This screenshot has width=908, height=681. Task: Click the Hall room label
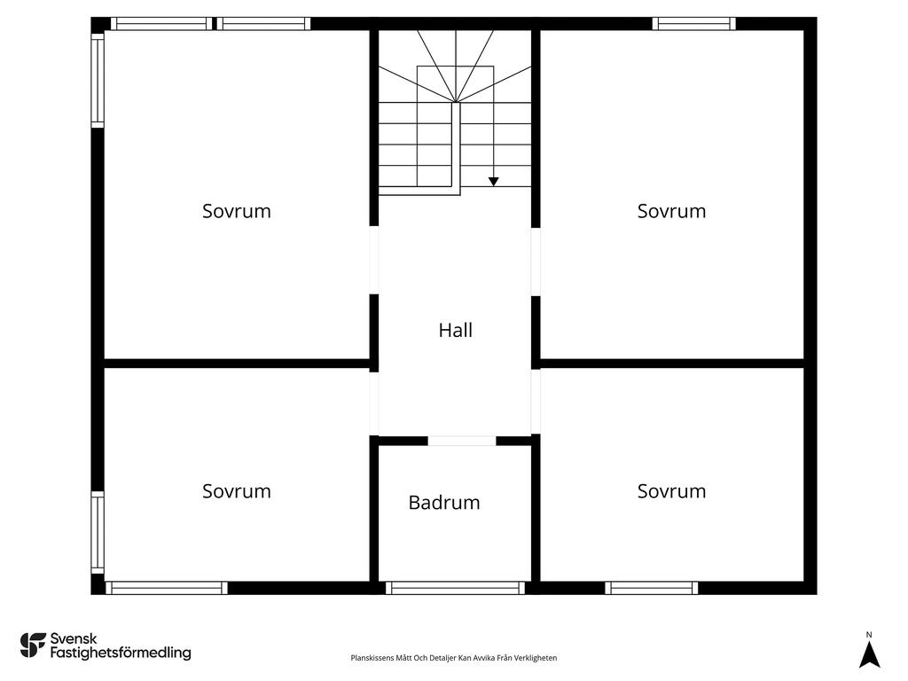click(455, 330)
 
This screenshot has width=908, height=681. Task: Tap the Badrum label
click(444, 502)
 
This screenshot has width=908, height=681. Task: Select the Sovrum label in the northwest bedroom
click(236, 211)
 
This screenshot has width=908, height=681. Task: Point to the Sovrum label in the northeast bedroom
click(672, 211)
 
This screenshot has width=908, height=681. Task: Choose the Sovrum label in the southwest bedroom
click(236, 491)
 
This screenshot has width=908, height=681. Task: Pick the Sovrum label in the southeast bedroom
click(672, 491)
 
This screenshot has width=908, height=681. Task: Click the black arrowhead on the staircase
click(493, 182)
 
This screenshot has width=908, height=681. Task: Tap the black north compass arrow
click(869, 655)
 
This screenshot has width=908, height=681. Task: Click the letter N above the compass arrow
click(869, 635)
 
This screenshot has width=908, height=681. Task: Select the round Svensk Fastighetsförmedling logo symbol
click(33, 646)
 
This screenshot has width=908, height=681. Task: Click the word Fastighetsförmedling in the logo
click(121, 654)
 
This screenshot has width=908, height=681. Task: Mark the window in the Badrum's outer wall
click(455, 588)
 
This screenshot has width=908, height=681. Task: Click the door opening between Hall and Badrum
click(461, 441)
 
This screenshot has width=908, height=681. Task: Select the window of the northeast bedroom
click(693, 24)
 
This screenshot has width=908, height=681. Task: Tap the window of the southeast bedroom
click(652, 588)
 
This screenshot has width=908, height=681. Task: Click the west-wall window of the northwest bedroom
click(98, 80)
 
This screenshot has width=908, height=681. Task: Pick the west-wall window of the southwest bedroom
click(98, 533)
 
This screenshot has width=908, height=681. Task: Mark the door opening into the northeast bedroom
click(536, 262)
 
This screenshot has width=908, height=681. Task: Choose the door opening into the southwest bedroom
click(374, 403)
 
